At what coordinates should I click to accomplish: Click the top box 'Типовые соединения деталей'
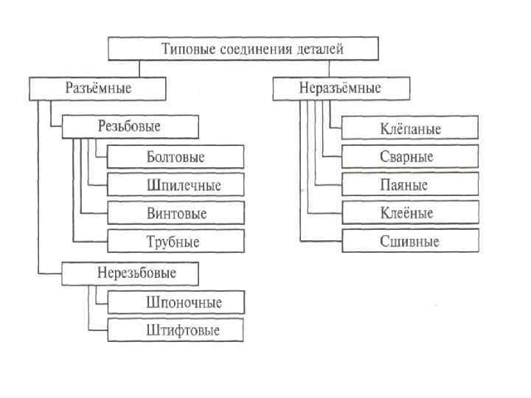(243, 49)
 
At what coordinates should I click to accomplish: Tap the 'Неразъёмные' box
(340, 89)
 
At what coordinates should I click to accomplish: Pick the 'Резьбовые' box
(131, 127)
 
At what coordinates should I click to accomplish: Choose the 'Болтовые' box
(176, 157)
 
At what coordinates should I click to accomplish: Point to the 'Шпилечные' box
(176, 185)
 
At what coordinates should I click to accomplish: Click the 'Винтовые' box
(176, 213)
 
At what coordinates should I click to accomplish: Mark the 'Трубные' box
(176, 241)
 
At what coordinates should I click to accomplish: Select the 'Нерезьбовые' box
(131, 273)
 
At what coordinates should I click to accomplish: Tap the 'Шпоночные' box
(176, 302)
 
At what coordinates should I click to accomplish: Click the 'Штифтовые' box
(176, 329)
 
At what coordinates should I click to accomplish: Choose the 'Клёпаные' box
(410, 129)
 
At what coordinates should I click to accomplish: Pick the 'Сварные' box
(410, 157)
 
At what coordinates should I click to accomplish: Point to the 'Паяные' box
(410, 185)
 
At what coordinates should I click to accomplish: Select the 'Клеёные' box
(410, 213)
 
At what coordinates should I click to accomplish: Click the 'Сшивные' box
(410, 241)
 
